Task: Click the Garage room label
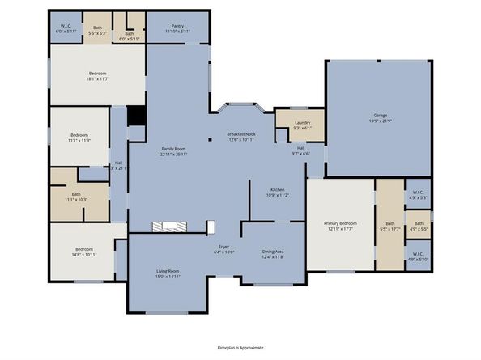pyautogui.click(x=379, y=116)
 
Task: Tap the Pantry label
pyautogui.click(x=177, y=27)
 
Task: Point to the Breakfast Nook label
pyautogui.click(x=240, y=133)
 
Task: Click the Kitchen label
pyautogui.click(x=277, y=190)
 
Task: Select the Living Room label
pyautogui.click(x=168, y=271)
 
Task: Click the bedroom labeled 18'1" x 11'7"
pyautogui.click(x=97, y=76)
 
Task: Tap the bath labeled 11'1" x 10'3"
pyautogui.click(x=76, y=196)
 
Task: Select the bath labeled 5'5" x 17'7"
pyautogui.click(x=389, y=227)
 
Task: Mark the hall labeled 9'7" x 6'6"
pyautogui.click(x=300, y=150)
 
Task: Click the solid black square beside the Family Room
pyautogui.click(x=137, y=116)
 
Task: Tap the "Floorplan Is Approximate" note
pyautogui.click(x=240, y=347)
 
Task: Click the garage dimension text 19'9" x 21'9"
pyautogui.click(x=379, y=121)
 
